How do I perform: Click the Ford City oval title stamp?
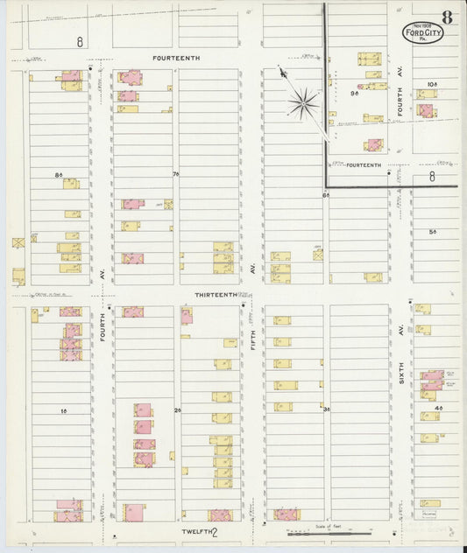423,32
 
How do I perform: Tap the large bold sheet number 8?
447,16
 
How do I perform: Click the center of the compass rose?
304,105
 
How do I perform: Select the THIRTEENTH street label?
216,295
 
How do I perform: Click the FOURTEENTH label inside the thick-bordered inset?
364,164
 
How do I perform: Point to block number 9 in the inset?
354,92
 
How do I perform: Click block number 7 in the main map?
175,174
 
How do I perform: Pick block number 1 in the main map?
63,409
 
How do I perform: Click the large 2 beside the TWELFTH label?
214,531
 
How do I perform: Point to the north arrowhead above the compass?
282,73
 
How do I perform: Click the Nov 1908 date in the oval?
423,25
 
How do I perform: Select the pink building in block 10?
425,110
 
